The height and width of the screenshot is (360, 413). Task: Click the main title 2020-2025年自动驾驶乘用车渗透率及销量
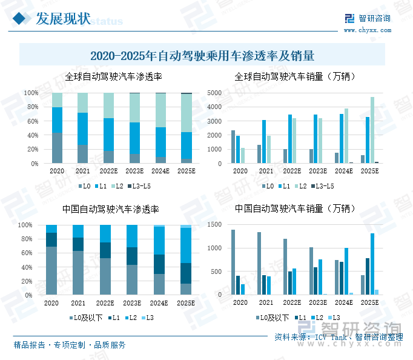tap(202, 56)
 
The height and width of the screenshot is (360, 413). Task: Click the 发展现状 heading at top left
tap(63, 19)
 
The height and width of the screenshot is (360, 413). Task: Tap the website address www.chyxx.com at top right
tap(367, 30)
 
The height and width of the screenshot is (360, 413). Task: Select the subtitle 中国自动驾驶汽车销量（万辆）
tap(296, 208)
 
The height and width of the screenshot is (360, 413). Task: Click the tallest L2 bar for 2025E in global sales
tap(372, 130)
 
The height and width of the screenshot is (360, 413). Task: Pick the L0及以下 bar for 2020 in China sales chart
tap(233, 262)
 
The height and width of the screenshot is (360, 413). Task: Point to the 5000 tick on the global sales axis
tap(216, 93)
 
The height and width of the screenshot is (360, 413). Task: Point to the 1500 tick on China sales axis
tap(216, 225)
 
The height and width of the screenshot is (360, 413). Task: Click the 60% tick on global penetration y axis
tap(31, 121)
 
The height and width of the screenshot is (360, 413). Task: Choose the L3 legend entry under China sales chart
tap(334, 318)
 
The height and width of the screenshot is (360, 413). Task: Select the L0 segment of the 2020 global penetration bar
tap(57, 148)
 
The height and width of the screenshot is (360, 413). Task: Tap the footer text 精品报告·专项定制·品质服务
tap(70, 345)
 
